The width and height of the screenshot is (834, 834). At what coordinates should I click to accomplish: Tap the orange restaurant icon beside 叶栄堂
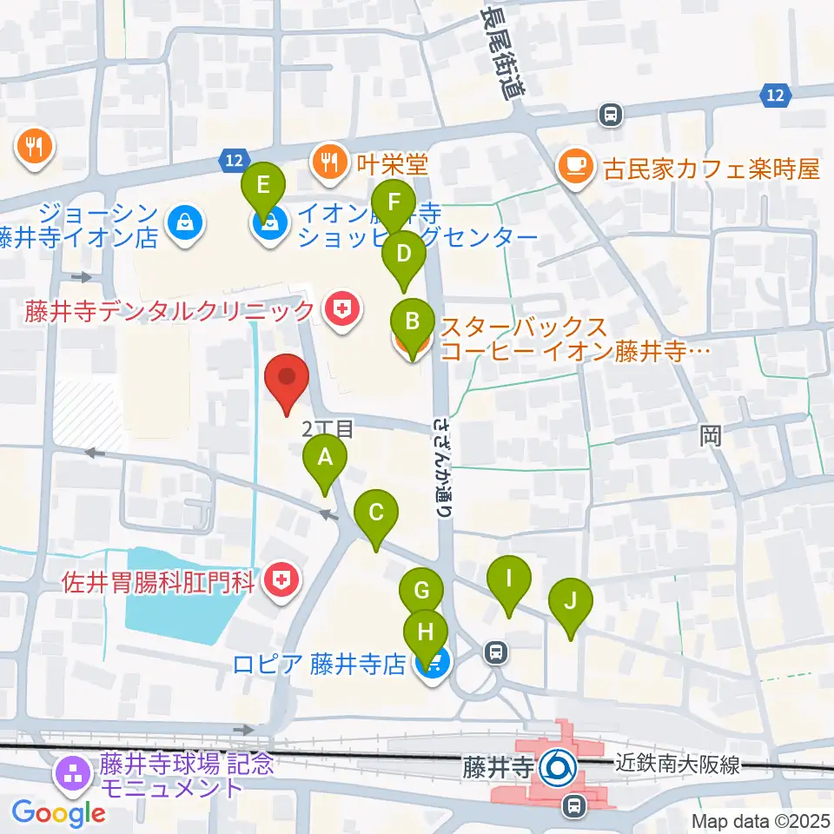[330, 162]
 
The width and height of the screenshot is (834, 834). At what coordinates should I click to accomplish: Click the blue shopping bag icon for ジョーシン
[187, 223]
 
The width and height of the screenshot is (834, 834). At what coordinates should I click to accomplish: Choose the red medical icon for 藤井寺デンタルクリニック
[340, 310]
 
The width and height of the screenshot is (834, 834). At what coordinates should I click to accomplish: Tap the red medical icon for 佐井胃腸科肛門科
[281, 579]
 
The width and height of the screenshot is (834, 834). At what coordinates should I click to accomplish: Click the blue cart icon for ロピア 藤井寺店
[431, 665]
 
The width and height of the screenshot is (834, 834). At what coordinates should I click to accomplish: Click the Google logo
[58, 813]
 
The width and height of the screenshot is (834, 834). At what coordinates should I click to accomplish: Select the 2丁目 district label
[328, 427]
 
